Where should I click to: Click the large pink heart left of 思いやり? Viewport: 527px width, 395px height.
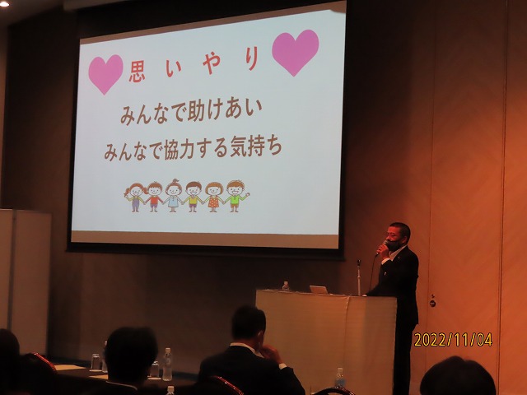(x=105, y=73)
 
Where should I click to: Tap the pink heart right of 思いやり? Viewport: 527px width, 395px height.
(x=295, y=52)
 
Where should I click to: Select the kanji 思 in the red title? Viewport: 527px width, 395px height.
(x=138, y=72)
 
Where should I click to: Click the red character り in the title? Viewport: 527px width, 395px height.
(x=251, y=58)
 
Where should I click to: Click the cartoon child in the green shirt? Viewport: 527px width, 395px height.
(x=236, y=196)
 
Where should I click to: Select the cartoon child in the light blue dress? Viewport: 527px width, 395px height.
(x=174, y=196)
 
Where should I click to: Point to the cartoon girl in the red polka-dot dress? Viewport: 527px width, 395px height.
(x=214, y=197)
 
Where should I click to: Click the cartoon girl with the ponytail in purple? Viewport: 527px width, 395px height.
(x=135, y=197)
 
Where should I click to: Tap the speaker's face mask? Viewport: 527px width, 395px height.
(x=393, y=245)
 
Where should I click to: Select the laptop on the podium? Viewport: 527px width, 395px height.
(x=319, y=290)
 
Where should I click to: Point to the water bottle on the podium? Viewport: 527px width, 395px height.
(x=286, y=286)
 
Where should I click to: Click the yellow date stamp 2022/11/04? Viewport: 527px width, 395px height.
(x=453, y=340)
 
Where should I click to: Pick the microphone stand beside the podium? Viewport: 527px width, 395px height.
(x=359, y=277)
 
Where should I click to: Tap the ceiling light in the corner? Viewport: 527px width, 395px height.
(x=3, y=3)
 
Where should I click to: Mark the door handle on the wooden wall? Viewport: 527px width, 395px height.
(x=432, y=302)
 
